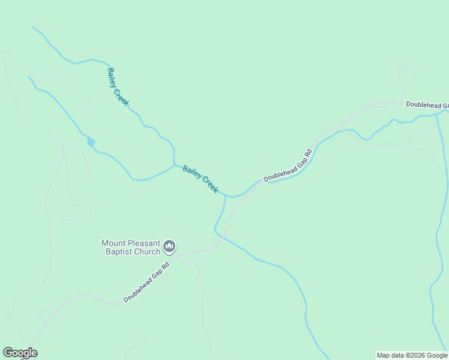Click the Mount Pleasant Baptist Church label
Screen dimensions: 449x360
point(131,247)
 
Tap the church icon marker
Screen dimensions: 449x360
point(169,247)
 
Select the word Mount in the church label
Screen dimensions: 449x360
point(114,243)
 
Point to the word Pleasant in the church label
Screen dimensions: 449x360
point(144,243)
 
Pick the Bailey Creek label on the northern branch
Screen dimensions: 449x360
point(118,86)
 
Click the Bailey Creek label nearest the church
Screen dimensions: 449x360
point(200,179)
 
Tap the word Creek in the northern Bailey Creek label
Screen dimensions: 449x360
point(122,96)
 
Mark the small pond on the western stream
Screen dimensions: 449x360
point(91,142)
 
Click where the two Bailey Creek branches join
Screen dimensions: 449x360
point(174,164)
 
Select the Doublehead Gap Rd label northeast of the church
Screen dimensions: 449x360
point(289,165)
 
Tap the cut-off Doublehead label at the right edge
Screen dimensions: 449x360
point(427,104)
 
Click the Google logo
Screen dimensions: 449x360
point(20,353)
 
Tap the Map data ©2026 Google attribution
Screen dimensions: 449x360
point(412,355)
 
